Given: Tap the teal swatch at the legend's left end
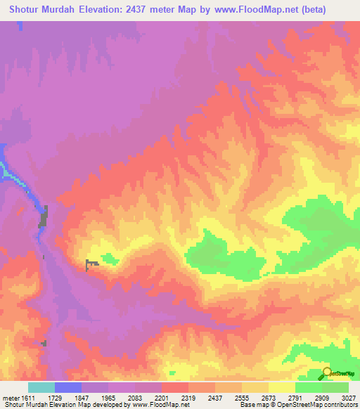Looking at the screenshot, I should pyautogui.click(x=41, y=387).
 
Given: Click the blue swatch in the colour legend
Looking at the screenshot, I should pyautogui.click(x=68, y=387).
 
